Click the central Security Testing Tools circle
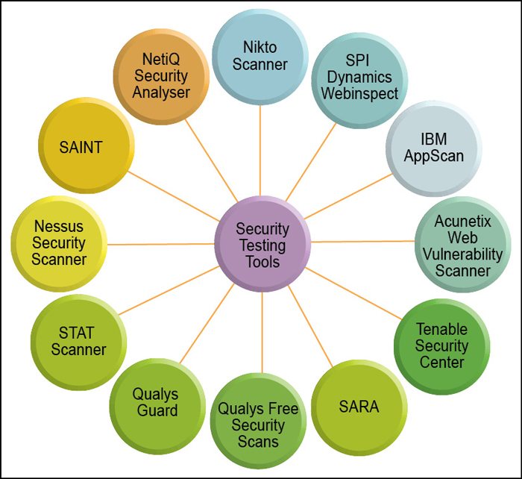pyautogui.click(x=262, y=245)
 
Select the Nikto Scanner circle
pyautogui.click(x=260, y=56)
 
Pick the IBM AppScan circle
pyautogui.click(x=433, y=148)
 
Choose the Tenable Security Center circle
pyautogui.click(x=441, y=345)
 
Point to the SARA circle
pyautogui.click(x=358, y=407)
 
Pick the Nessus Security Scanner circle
pyautogui.click(x=60, y=242)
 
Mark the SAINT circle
pyautogui.click(x=81, y=147)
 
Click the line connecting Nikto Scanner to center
pyautogui.click(x=260, y=149)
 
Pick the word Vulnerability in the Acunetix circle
pyautogui.click(x=462, y=253)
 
